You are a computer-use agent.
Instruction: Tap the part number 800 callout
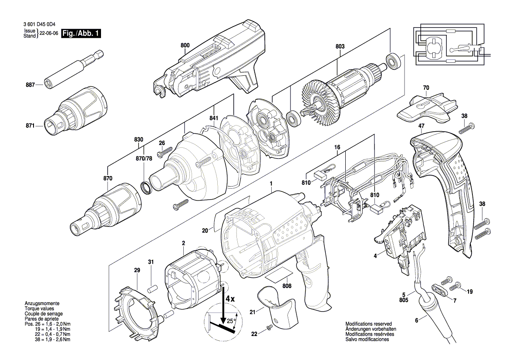point(185,45)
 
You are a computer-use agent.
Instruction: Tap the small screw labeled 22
point(270,327)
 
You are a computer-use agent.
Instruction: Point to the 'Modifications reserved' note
point(368,324)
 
